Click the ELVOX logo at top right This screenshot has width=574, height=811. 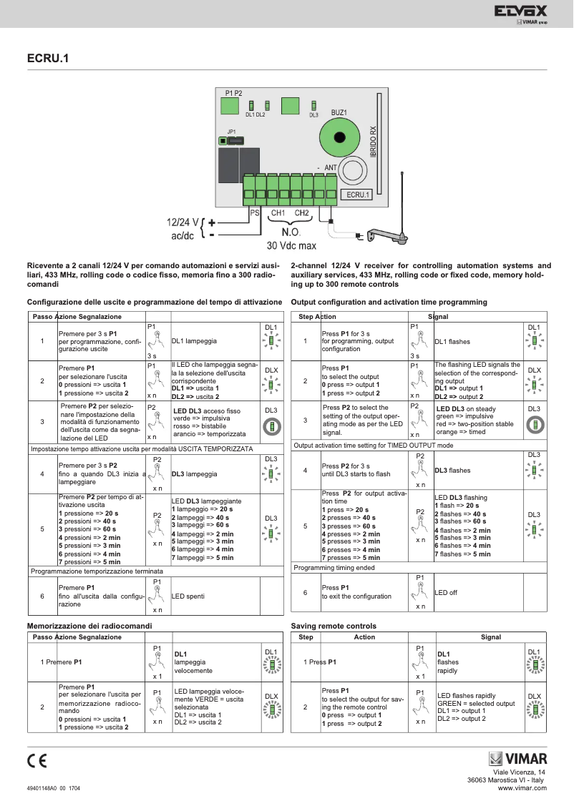pos(520,11)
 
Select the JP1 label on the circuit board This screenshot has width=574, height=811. pos(231,132)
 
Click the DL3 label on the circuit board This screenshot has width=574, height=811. pos(313,115)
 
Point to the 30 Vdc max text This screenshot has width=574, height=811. pos(291,245)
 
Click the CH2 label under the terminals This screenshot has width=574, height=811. pos(302,213)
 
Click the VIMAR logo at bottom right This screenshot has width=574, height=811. pos(517,759)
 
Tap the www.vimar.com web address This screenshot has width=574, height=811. pos(522,787)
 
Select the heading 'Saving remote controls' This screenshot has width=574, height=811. pos(334,626)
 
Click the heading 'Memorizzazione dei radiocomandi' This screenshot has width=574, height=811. pos(89,626)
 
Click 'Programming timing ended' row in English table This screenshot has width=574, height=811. pos(334,567)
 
